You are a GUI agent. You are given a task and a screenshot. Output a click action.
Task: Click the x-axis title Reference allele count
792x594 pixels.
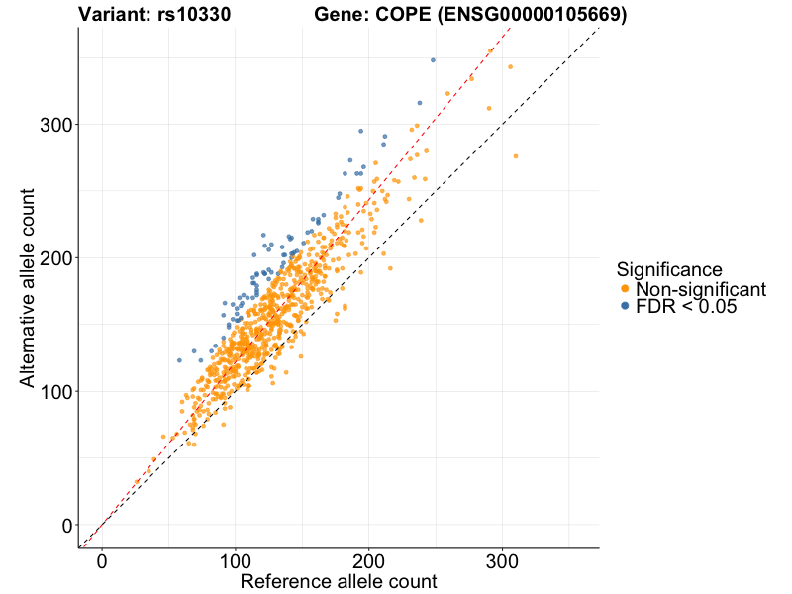tap(338, 581)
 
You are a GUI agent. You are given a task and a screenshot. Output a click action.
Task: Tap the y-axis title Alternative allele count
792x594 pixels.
tap(28, 287)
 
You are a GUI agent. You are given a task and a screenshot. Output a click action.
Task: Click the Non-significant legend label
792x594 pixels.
tap(701, 289)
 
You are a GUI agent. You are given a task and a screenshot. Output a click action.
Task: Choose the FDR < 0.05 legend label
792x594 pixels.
tap(686, 307)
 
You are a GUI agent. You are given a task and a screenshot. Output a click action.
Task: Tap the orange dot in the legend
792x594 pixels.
tap(625, 289)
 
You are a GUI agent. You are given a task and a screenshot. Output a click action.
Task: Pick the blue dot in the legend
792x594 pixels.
tap(625, 307)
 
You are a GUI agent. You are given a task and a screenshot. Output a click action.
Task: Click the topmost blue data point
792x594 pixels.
tap(433, 60)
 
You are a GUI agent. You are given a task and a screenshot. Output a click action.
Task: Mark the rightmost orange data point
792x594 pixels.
tap(516, 156)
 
